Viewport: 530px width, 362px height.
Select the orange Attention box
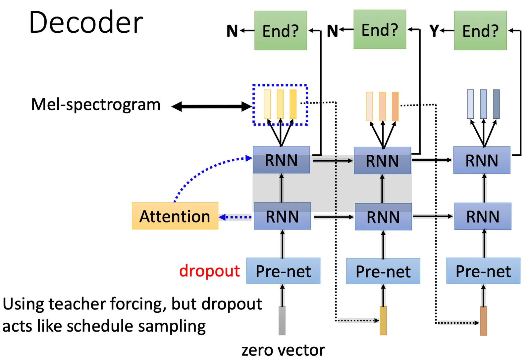pos(175,216)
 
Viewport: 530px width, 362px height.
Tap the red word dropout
pos(209,271)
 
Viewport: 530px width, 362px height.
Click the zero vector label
pos(283,350)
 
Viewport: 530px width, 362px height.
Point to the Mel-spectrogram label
pos(96,104)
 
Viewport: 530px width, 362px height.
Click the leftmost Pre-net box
pos(283,271)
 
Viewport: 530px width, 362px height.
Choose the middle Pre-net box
pos(383,271)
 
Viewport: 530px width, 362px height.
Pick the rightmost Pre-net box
pos(483,271)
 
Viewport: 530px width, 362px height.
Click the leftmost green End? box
pos(281,30)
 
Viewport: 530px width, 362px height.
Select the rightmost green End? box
pos(480,30)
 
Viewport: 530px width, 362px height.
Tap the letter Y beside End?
pos(434,31)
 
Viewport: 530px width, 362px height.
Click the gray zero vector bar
pos(282,320)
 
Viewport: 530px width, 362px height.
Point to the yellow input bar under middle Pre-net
pos(383,320)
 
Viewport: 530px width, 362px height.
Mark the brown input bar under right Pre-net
pos(484,321)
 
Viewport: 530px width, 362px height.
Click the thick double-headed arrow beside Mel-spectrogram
pos(212,106)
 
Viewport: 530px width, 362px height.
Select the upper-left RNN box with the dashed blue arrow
pos(281,160)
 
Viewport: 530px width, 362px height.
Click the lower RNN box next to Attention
pos(282,216)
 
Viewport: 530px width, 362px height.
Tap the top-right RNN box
pos(482,160)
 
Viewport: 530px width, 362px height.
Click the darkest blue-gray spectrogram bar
pos(496,104)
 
